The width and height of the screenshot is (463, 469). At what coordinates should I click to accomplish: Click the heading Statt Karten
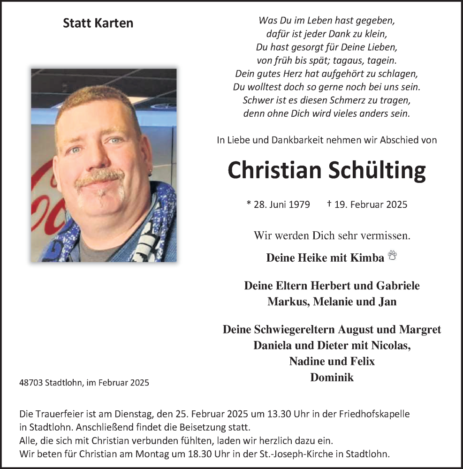pyautogui.click(x=98, y=23)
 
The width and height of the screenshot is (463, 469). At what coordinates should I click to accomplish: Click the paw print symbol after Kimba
pyautogui.click(x=392, y=256)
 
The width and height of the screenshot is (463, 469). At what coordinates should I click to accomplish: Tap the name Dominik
pyautogui.click(x=332, y=377)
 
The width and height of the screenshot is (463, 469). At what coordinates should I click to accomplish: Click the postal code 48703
pyautogui.click(x=31, y=383)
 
